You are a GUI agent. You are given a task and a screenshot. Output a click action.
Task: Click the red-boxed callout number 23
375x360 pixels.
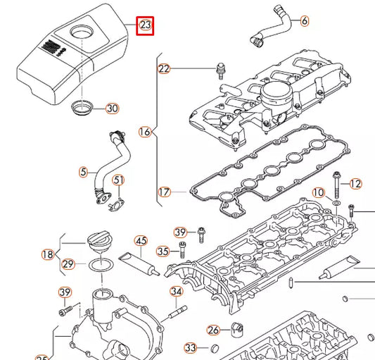[146, 26]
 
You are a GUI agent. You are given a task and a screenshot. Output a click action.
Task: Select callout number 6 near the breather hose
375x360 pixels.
[304, 21]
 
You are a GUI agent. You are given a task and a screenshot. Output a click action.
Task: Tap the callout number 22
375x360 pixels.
[164, 68]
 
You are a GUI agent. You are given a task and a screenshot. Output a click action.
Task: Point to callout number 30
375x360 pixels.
[112, 108]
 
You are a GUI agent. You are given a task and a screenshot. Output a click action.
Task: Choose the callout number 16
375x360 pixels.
[145, 132]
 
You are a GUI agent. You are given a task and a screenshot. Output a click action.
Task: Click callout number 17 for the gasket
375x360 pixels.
[164, 191]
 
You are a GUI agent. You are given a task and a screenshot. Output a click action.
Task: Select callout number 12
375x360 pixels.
[355, 184]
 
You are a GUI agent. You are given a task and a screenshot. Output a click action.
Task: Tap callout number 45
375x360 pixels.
[141, 240]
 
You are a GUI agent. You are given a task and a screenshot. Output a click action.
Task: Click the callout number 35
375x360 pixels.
[163, 251]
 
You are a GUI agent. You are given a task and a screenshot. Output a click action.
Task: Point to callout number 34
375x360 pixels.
[176, 292]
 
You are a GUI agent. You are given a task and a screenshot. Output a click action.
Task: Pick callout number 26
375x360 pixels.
[214, 329]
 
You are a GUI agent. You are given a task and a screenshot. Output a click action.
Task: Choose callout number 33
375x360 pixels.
[191, 347]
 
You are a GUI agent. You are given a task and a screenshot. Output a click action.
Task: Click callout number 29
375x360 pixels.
[68, 264]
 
